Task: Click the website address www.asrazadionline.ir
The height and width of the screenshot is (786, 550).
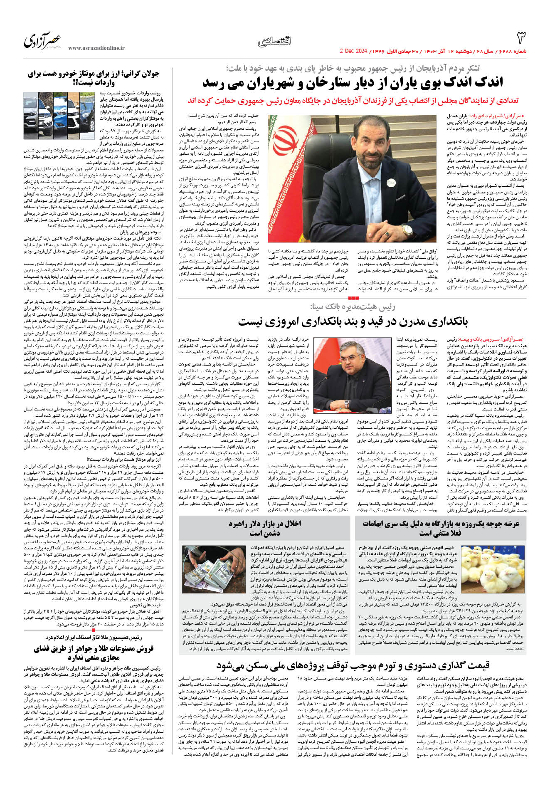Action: pos(96,48)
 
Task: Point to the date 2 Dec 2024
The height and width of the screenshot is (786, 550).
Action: pos(353,52)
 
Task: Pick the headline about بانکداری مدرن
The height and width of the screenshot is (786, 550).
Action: pos(353,322)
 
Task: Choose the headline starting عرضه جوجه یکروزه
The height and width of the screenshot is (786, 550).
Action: pos(441,528)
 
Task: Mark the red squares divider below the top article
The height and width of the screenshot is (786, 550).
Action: pos(353,298)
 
